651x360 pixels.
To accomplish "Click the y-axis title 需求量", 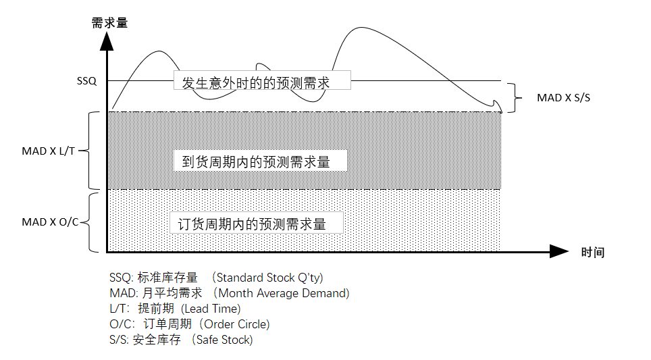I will pos(109,22).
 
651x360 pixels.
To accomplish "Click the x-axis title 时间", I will pos(592,253).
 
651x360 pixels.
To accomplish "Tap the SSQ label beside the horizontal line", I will pos(87,81).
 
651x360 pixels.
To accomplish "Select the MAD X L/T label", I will pos(49,151).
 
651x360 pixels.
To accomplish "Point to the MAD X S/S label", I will pos(564,97).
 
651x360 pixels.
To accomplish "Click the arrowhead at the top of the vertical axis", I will pos(106,39).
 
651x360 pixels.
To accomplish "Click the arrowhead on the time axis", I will pos(558,252).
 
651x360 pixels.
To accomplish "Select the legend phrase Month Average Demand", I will pos(284,293).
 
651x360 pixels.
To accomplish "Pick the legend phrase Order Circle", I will pos(232,324).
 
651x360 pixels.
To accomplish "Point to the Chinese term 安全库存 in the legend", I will pos(157,340).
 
